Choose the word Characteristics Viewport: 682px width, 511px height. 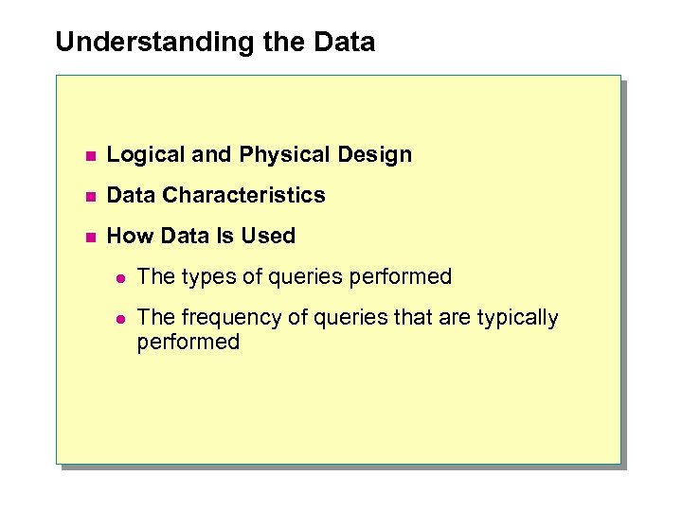[x=243, y=196]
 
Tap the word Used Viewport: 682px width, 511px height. [x=268, y=237]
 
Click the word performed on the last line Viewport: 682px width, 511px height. [x=188, y=342]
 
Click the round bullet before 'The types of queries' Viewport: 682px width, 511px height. [x=119, y=278]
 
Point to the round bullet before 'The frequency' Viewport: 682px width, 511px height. [x=119, y=319]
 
